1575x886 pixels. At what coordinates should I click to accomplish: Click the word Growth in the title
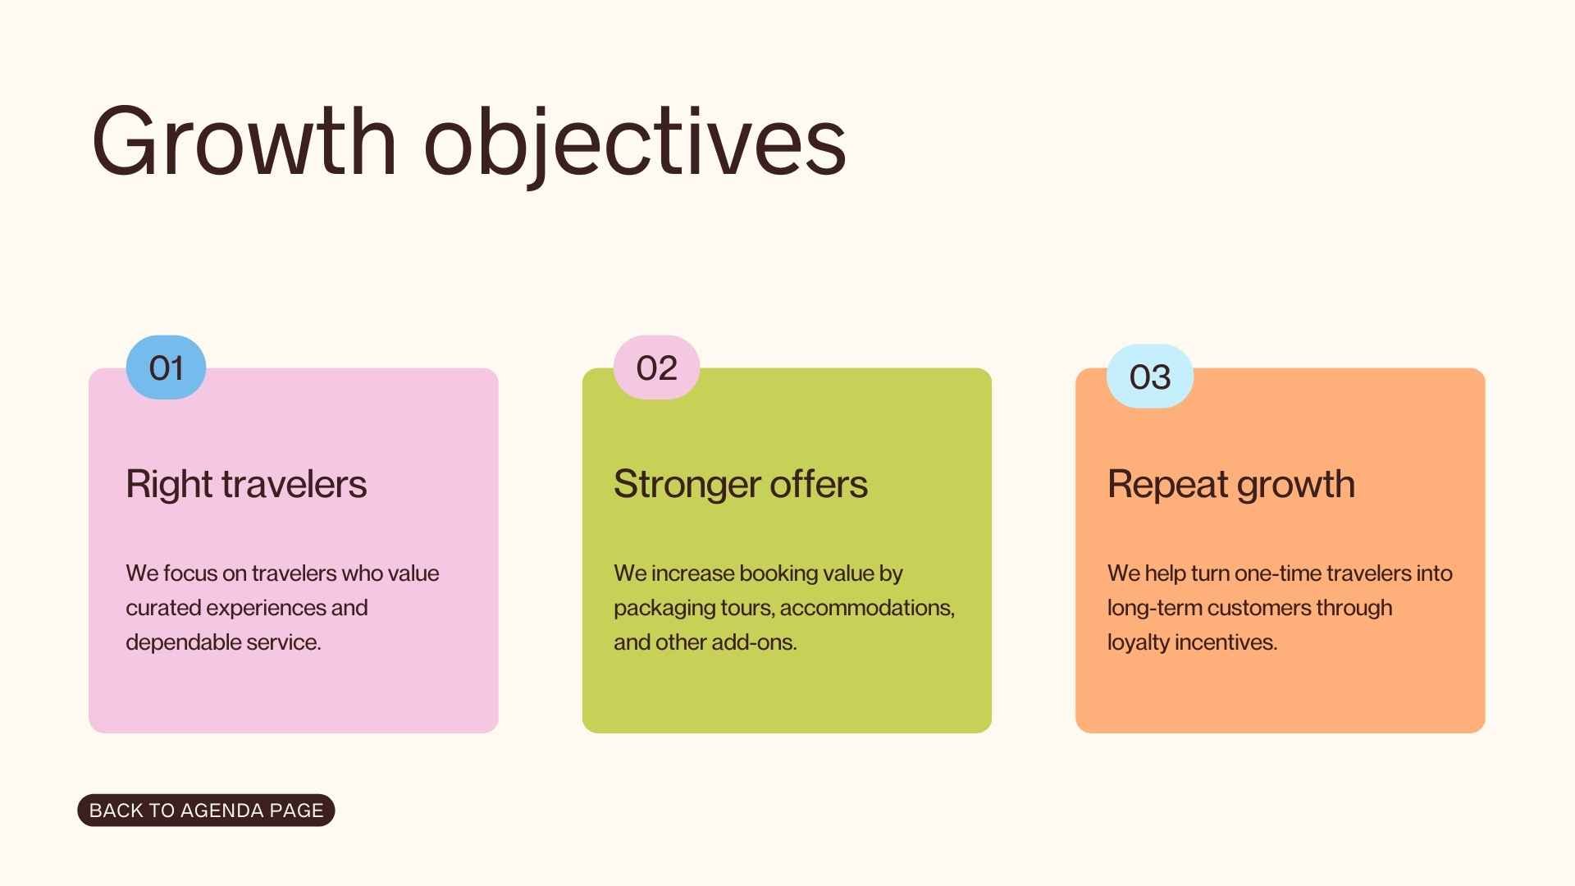coord(244,141)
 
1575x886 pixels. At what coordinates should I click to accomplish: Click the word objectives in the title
coord(634,141)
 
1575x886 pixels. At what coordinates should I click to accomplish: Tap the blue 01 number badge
coord(166,368)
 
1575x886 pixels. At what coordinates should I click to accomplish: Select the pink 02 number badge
coord(656,368)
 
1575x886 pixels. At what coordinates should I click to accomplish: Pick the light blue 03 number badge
coord(1149,377)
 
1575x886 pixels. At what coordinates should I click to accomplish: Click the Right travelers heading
coord(246,484)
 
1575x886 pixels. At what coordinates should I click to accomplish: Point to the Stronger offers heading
coord(740,484)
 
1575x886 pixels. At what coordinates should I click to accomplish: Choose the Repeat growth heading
coord(1230,484)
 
